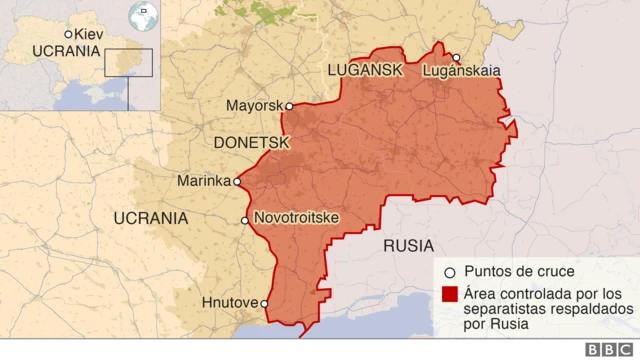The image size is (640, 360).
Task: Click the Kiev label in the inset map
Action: pyautogui.click(x=88, y=33)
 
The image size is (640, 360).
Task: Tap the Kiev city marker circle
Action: pyautogui.click(x=68, y=34)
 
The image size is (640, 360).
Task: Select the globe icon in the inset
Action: pyautogui.click(x=144, y=16)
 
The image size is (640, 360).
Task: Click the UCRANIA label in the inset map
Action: pyautogui.click(x=67, y=51)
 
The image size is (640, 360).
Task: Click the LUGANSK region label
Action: pyautogui.click(x=364, y=70)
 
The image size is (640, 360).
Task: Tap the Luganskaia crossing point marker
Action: pyautogui.click(x=456, y=58)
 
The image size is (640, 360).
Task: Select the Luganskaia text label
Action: pyautogui.click(x=462, y=71)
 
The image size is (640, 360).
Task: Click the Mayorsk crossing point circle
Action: pyautogui.click(x=289, y=106)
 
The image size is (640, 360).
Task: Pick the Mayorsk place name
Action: pyautogui.click(x=254, y=106)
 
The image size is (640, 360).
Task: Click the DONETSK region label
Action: pyautogui.click(x=252, y=143)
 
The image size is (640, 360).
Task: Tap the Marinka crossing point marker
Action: pyautogui.click(x=237, y=182)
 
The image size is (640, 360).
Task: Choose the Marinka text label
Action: pyautogui.click(x=204, y=182)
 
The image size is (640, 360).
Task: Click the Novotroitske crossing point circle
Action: pyautogui.click(x=245, y=220)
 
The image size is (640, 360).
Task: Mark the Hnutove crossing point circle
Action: pyautogui.click(x=265, y=303)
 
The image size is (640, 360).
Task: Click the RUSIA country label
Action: pyautogui.click(x=408, y=246)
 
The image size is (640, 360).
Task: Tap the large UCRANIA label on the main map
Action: pyautogui.click(x=151, y=218)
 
